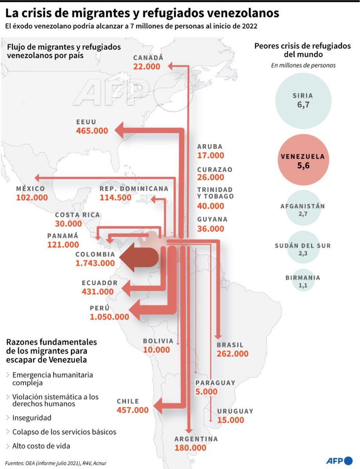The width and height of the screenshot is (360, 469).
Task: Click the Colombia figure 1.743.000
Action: [x=95, y=263]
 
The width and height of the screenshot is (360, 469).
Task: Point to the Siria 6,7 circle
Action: [x=303, y=100]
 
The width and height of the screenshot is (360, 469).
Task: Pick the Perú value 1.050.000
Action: [x=109, y=317]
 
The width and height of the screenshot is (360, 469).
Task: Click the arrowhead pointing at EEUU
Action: [x=119, y=130]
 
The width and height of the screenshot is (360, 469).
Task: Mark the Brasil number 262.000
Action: [x=232, y=354]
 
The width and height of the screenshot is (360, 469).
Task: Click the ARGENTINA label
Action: [x=196, y=439]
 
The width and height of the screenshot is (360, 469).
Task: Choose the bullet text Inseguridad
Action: [x=32, y=418]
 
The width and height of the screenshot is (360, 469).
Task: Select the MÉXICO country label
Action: [x=30, y=189]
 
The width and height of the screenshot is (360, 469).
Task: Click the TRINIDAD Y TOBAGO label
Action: [x=216, y=193]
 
